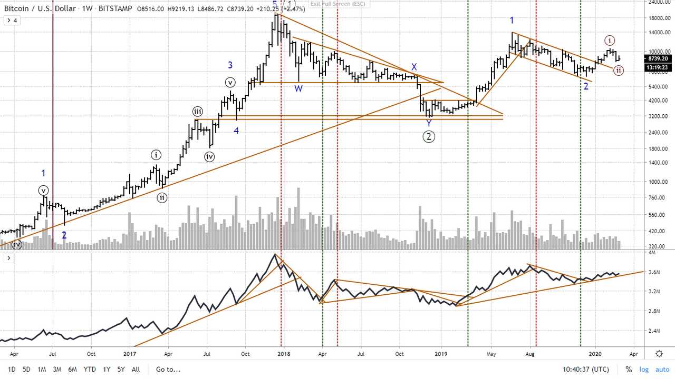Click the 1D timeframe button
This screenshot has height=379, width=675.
pyautogui.click(x=12, y=369)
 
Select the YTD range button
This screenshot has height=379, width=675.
pyautogui.click(x=90, y=369)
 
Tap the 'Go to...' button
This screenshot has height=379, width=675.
pyautogui.click(x=168, y=369)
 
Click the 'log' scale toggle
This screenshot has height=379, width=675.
pyautogui.click(x=644, y=369)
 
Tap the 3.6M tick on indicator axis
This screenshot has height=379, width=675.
pyautogui.click(x=654, y=272)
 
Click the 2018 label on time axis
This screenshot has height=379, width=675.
pyautogui.click(x=283, y=354)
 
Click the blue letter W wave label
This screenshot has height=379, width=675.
pyautogui.click(x=298, y=88)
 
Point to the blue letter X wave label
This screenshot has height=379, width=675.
pyautogui.click(x=414, y=67)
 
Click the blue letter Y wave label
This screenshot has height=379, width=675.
pyautogui.click(x=429, y=123)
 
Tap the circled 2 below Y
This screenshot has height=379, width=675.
pyautogui.click(x=429, y=137)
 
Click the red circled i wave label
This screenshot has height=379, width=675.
pyautogui.click(x=610, y=40)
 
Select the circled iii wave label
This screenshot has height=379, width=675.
pyautogui.click(x=197, y=111)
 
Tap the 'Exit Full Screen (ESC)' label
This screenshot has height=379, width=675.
pyautogui.click(x=337, y=4)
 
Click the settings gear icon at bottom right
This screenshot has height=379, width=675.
pyautogui.click(x=659, y=354)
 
